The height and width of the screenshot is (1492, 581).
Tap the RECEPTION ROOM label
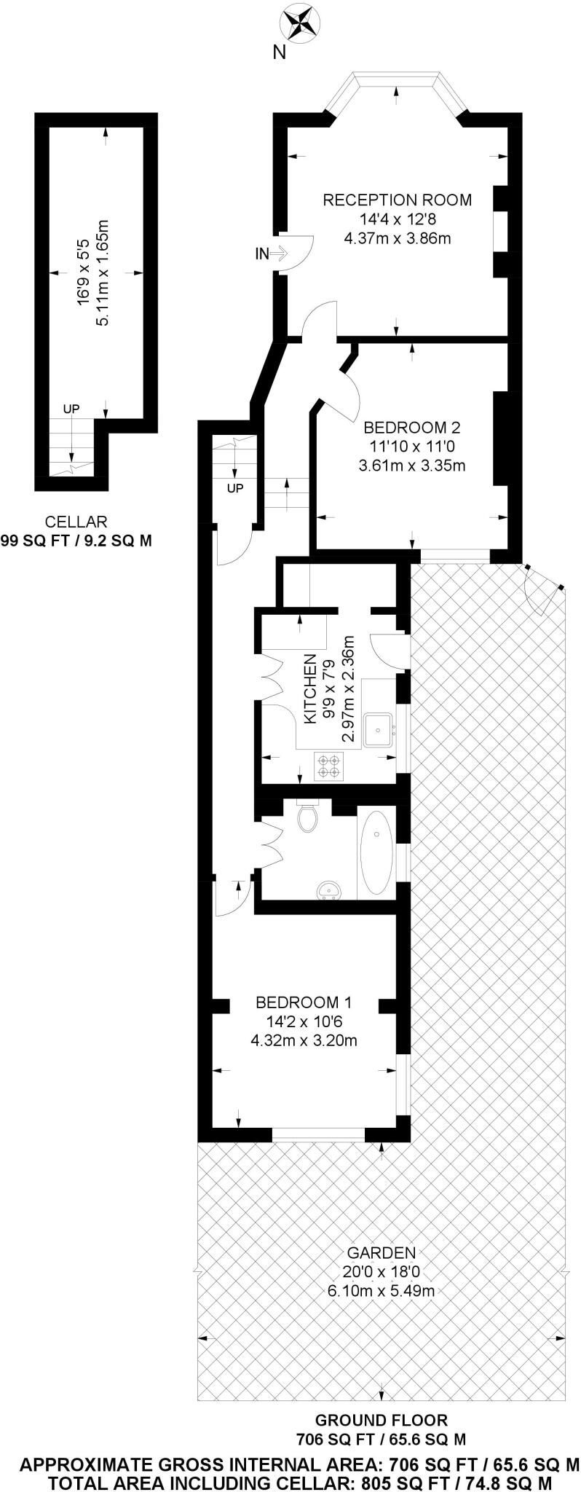coord(397,200)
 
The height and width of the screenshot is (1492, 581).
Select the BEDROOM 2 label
coord(412,428)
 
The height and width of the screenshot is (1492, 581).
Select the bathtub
coord(376,853)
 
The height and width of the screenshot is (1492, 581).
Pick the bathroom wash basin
coord(330,890)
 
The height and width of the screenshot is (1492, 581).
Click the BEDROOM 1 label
coord(304,1002)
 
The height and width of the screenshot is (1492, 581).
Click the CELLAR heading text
coord(76,522)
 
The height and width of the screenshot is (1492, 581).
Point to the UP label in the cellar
coord(71,409)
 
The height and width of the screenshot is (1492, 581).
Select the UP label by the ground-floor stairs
coord(234,489)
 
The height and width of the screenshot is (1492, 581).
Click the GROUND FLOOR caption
coord(381,1420)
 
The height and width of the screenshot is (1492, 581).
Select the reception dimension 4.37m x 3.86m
coord(397,237)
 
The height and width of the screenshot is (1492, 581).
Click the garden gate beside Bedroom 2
coord(542,587)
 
